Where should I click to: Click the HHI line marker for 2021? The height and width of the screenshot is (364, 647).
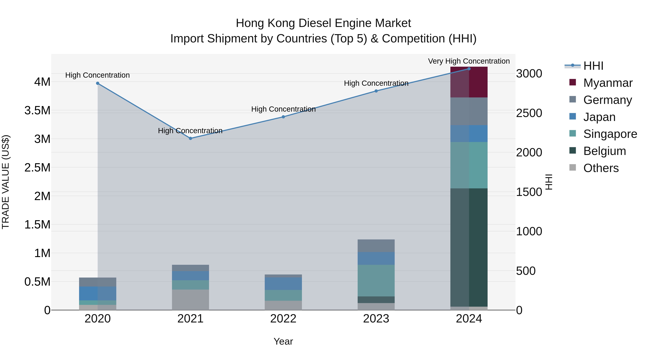[190, 138]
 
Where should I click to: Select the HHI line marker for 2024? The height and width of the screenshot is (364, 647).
[469, 69]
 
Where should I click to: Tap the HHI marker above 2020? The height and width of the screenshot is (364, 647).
[98, 83]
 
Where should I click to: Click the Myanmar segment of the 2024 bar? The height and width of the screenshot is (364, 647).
[469, 82]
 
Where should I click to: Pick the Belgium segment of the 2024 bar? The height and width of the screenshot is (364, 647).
[469, 248]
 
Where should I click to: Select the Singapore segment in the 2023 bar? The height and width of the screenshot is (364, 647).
[376, 281]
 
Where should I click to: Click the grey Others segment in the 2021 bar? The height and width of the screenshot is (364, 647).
[190, 300]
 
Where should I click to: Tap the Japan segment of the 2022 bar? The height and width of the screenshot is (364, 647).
[283, 284]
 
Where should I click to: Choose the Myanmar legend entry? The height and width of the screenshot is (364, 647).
[607, 83]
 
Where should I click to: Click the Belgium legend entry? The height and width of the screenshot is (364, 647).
[604, 151]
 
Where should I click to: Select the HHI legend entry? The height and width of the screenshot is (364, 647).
[593, 66]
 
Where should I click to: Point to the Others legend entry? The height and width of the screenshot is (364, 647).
[600, 168]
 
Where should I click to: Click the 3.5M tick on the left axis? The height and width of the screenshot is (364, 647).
[37, 111]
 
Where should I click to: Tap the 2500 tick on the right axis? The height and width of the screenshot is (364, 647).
[529, 113]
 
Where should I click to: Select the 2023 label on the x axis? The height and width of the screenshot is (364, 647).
[376, 319]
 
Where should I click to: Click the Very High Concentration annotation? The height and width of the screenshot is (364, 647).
[469, 61]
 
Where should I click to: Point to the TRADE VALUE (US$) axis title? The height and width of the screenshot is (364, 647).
[6, 182]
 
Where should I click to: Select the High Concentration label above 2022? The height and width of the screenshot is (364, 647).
[283, 109]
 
